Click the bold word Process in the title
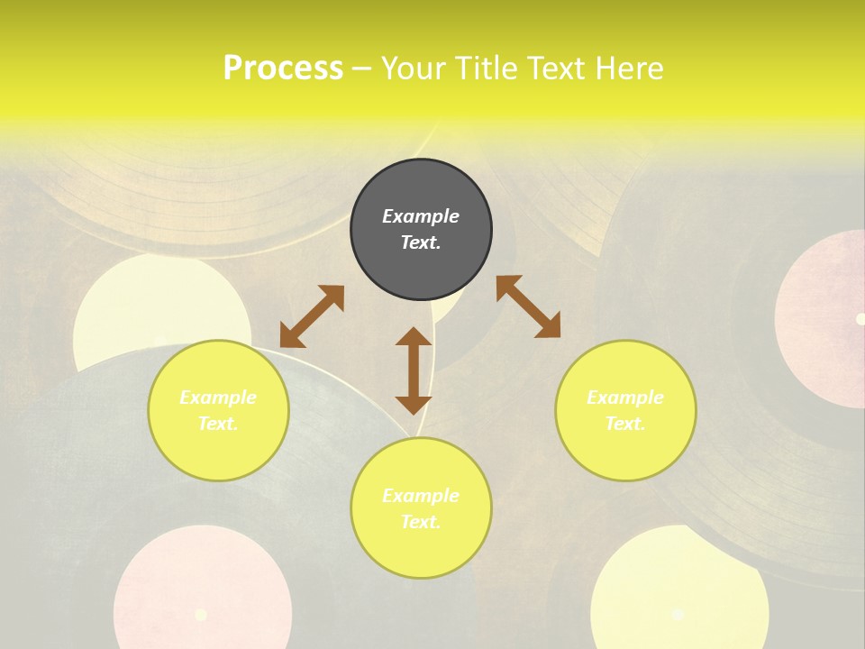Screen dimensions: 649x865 pyautogui.click(x=283, y=69)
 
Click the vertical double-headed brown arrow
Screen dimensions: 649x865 pyautogui.click(x=414, y=370)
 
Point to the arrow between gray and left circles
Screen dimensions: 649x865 pyautogui.click(x=312, y=315)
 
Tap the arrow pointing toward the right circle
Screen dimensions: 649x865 pyautogui.click(x=528, y=306)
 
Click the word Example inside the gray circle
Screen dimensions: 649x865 pyautogui.click(x=421, y=216)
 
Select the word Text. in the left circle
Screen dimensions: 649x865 pyautogui.click(x=218, y=424)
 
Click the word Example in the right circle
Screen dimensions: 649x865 pyautogui.click(x=625, y=398)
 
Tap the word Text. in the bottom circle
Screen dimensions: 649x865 pyautogui.click(x=421, y=522)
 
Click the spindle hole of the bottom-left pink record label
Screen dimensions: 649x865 pyautogui.click(x=201, y=615)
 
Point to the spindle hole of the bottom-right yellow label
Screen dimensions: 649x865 pyautogui.click(x=678, y=614)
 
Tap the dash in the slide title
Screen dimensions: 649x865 pyautogui.click(x=362, y=69)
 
